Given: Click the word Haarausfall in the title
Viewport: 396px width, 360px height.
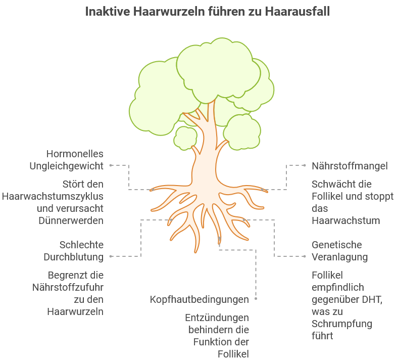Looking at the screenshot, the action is pyautogui.click(x=297, y=11).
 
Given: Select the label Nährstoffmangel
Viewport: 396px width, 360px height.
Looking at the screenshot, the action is pyautogui.click(x=350, y=166).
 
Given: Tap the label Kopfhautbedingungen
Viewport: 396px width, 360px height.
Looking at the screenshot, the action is pyautogui.click(x=199, y=299).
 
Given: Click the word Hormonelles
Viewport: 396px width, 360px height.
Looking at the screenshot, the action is pyautogui.click(x=75, y=154).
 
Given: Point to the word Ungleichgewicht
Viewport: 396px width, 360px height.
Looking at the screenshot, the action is pyautogui.click(x=67, y=166).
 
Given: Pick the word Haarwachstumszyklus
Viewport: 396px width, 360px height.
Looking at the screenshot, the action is pyautogui.click(x=53, y=196).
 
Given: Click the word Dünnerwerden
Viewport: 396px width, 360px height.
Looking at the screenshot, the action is pyautogui.click(x=71, y=220).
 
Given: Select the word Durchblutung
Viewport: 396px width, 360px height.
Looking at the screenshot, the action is pyautogui.click(x=74, y=257).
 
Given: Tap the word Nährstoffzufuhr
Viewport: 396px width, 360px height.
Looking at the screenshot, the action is pyautogui.click(x=68, y=287).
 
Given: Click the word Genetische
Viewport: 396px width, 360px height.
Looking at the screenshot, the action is pyautogui.click(x=336, y=245).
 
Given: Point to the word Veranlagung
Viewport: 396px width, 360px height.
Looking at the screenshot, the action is pyautogui.click(x=339, y=257).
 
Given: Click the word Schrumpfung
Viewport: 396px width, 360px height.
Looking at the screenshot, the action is pyautogui.click(x=342, y=324).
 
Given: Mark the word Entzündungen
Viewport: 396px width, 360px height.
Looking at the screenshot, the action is pyautogui.click(x=217, y=318).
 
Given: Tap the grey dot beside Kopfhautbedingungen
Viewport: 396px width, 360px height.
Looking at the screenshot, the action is pyautogui.click(x=256, y=298).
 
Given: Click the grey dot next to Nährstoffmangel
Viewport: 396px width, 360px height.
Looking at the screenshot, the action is pyautogui.click(x=305, y=165).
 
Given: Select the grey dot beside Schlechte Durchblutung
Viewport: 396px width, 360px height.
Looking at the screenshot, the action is pyautogui.click(x=111, y=256).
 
